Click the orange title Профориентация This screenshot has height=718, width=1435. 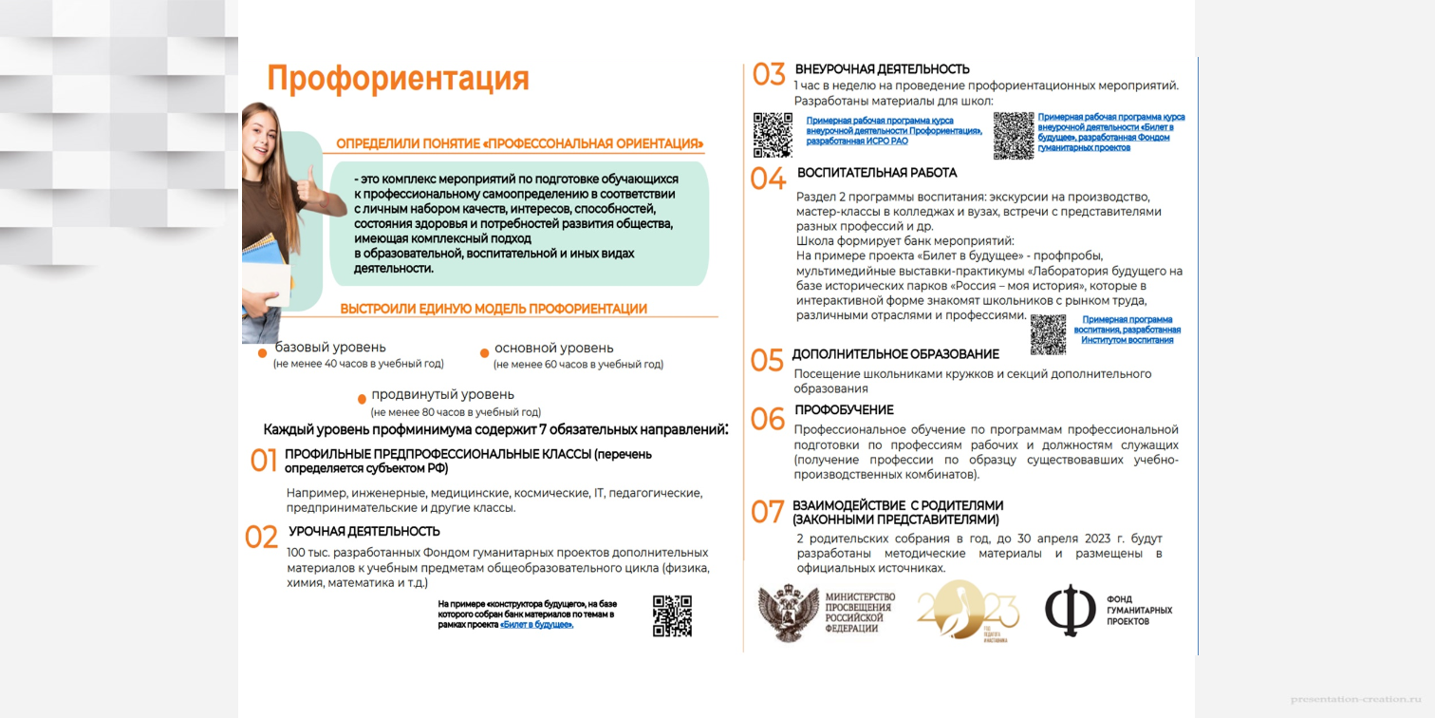click(x=398, y=79)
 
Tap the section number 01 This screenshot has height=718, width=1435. click(x=263, y=462)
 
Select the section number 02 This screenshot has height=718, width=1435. click(x=261, y=538)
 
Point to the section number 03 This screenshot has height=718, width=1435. click(x=769, y=74)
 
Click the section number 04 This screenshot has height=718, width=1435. click(x=768, y=179)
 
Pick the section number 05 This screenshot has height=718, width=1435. click(x=767, y=361)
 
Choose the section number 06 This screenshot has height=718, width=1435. click(x=768, y=419)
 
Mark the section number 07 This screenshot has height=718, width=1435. click(x=767, y=512)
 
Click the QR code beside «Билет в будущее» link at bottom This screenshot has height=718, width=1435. click(x=672, y=615)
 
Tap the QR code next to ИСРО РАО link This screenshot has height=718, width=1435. click(x=773, y=134)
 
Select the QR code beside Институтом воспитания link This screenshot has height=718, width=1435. click(x=1048, y=333)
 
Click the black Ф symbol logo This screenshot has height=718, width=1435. click(x=1070, y=610)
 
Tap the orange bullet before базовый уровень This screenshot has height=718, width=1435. click(x=263, y=353)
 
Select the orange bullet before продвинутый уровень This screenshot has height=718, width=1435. click(x=362, y=399)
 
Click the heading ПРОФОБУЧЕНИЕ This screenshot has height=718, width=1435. click(x=844, y=410)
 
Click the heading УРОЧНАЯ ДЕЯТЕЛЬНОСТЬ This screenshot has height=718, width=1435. click(x=364, y=532)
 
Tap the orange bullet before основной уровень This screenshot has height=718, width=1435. click(x=484, y=352)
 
